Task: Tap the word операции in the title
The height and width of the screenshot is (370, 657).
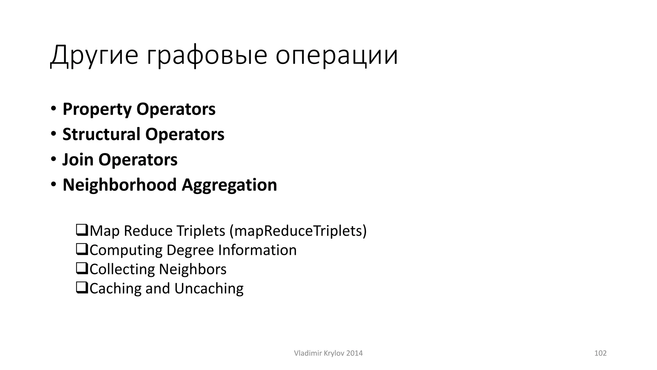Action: [x=337, y=55]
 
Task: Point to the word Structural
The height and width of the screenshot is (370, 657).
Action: [x=101, y=134]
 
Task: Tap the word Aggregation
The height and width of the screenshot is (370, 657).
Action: [x=229, y=185]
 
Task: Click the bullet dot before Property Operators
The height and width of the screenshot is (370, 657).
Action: [x=53, y=108]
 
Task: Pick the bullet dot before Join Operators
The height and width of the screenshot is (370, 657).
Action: [x=53, y=159]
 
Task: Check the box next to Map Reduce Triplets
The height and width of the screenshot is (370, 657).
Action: [x=82, y=230]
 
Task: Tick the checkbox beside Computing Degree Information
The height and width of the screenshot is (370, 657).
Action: [x=82, y=250]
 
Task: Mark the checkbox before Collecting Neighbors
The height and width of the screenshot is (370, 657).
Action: [x=82, y=269]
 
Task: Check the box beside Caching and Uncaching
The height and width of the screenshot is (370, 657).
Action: [x=82, y=288]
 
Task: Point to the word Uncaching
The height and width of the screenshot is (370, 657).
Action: [x=209, y=288]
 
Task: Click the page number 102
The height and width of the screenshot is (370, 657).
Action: [x=600, y=353]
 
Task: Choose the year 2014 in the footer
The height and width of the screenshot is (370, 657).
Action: [x=354, y=353]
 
